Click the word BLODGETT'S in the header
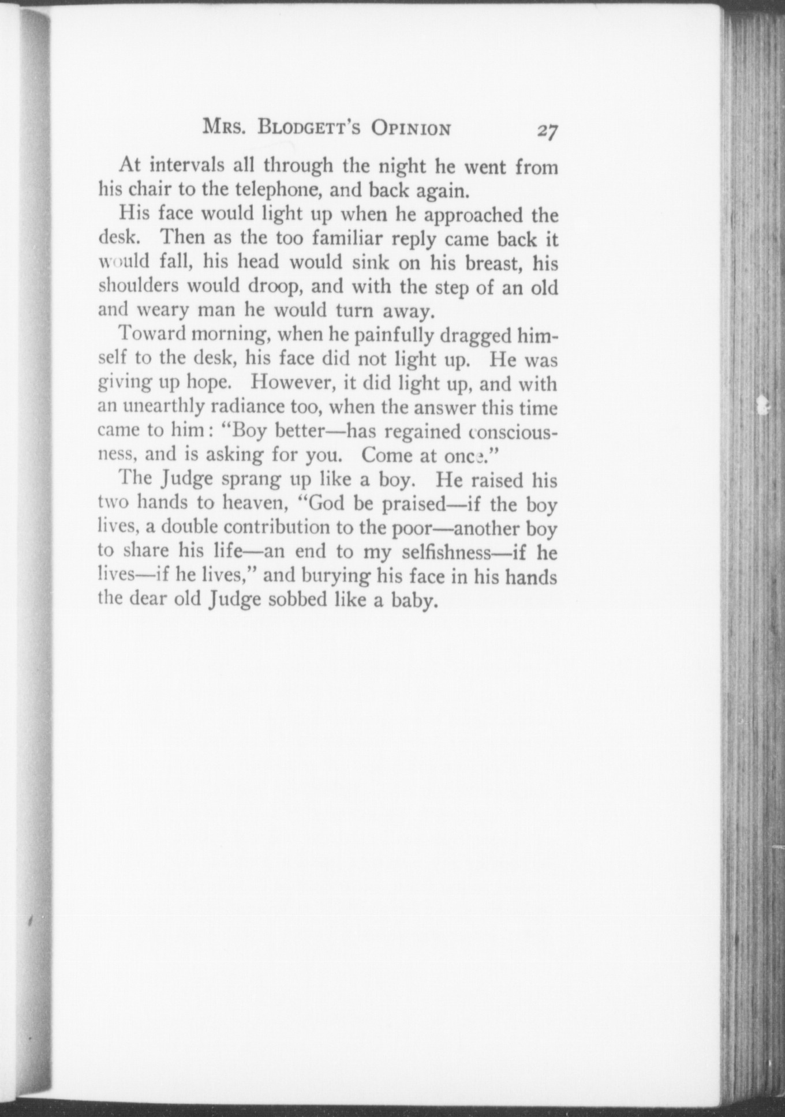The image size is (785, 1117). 309,128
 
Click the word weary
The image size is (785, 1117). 164,310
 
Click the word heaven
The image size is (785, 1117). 253,503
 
